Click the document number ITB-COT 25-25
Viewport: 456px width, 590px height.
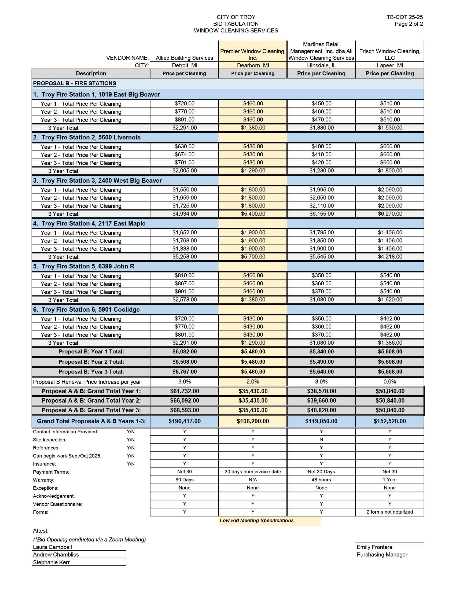point(404,17)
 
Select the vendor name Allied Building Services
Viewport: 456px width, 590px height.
point(184,58)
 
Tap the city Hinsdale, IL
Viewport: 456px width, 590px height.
point(321,65)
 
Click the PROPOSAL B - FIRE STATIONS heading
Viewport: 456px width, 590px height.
point(75,83)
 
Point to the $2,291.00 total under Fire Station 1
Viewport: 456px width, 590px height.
point(185,128)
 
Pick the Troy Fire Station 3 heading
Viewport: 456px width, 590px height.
point(97,180)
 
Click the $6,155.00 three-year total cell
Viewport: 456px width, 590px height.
point(321,214)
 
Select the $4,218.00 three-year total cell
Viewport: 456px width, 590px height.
point(389,257)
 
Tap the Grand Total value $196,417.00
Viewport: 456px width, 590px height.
point(185,421)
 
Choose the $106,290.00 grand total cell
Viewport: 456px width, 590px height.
point(253,421)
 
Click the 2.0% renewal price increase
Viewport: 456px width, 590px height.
point(253,382)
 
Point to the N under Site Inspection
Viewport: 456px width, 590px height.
point(321,440)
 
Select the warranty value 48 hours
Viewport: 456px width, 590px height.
point(321,480)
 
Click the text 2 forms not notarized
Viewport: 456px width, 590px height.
point(389,512)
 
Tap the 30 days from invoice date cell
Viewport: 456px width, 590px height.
point(253,472)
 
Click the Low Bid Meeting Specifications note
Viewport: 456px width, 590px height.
point(257,521)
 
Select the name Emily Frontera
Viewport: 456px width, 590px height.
point(374,547)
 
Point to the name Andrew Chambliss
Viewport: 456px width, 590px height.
point(56,555)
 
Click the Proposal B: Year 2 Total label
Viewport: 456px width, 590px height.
point(91,362)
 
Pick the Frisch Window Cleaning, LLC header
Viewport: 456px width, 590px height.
point(389,54)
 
